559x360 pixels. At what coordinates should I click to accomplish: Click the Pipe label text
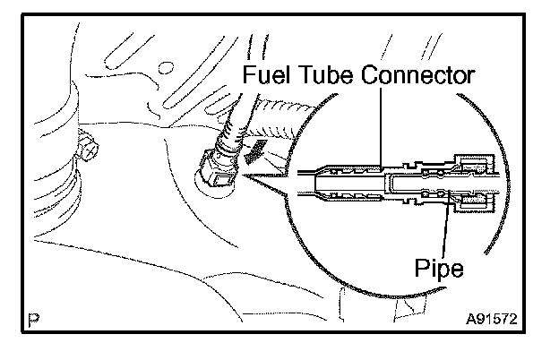click(440, 266)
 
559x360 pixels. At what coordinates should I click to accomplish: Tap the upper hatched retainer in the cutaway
click(473, 163)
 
